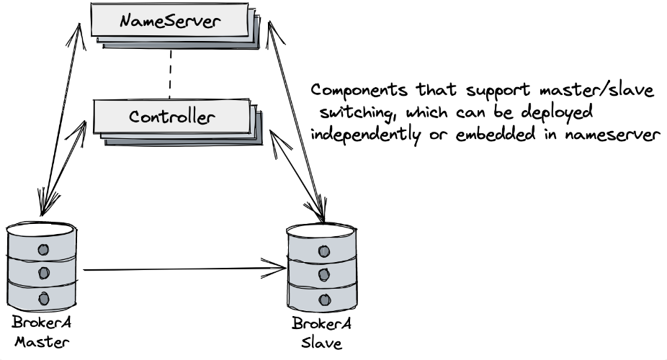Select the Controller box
pyautogui.click(x=171, y=116)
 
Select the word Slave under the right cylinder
pyautogui.click(x=321, y=343)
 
